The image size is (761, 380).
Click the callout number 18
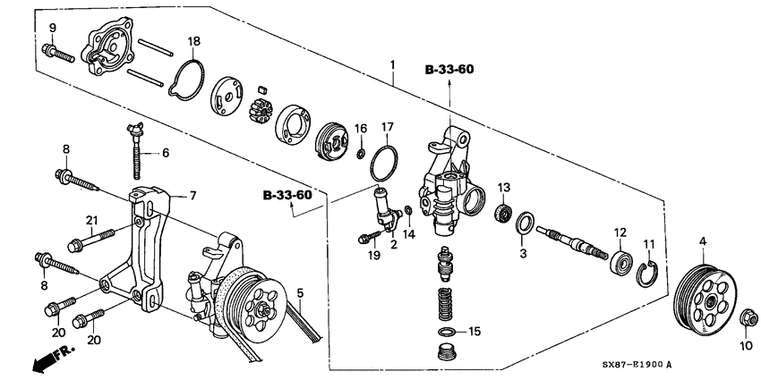pyautogui.click(x=194, y=41)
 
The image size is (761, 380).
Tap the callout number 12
pyautogui.click(x=619, y=232)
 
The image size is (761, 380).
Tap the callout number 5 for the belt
pyautogui.click(x=300, y=292)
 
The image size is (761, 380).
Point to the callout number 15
pyautogui.click(x=475, y=332)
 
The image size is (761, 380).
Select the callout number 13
pyautogui.click(x=504, y=187)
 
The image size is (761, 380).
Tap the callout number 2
pyautogui.click(x=392, y=244)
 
